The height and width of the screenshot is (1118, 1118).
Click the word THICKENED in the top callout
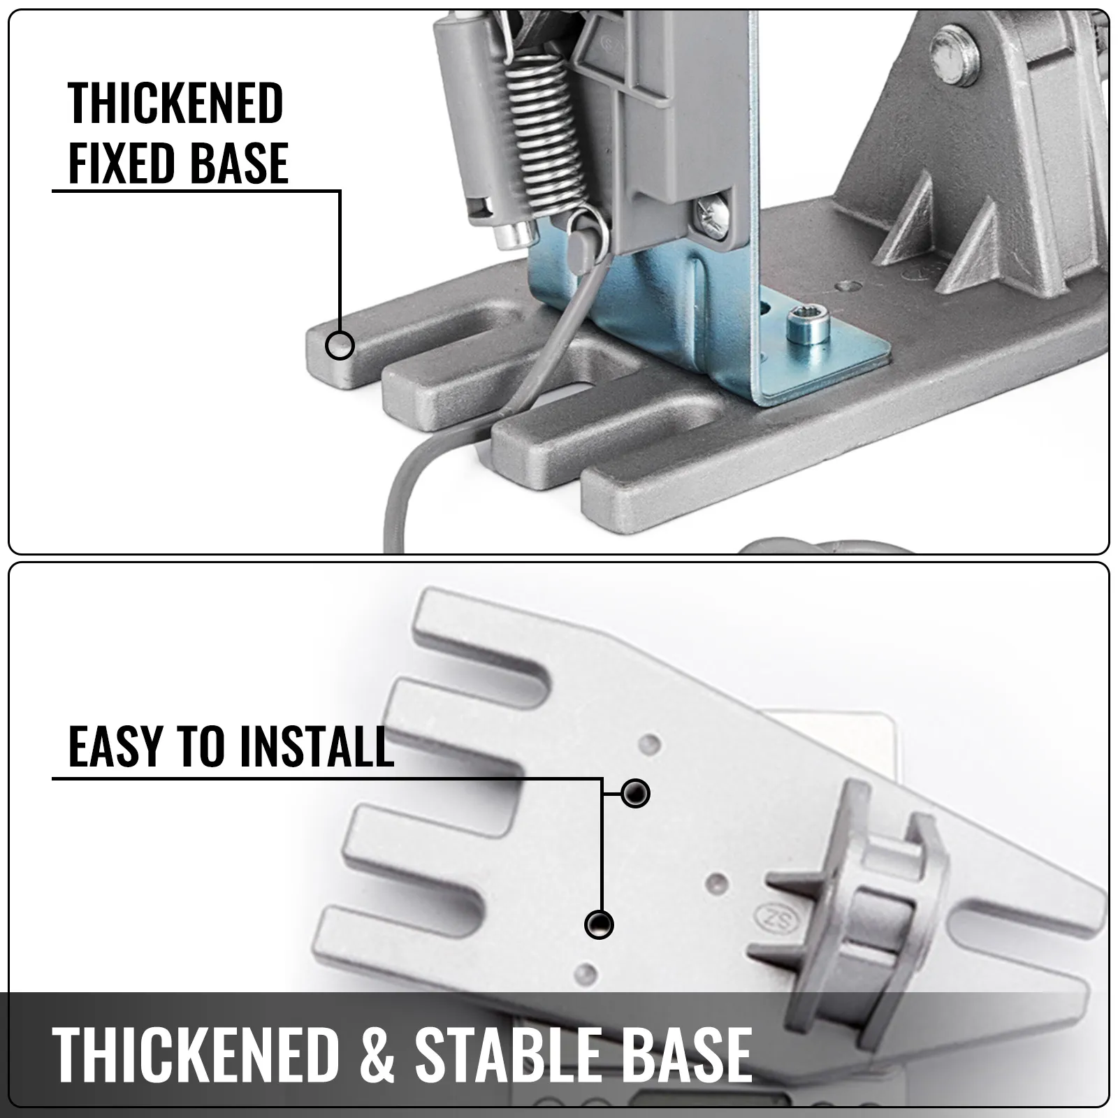[x=175, y=103]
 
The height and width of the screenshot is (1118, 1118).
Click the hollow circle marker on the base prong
[x=340, y=345]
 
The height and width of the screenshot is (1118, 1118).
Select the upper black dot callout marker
[x=635, y=793]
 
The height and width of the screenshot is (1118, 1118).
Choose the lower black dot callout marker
[x=599, y=924]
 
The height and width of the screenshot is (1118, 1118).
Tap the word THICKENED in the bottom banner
[x=196, y=1054]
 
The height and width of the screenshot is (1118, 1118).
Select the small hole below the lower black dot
[x=588, y=972]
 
